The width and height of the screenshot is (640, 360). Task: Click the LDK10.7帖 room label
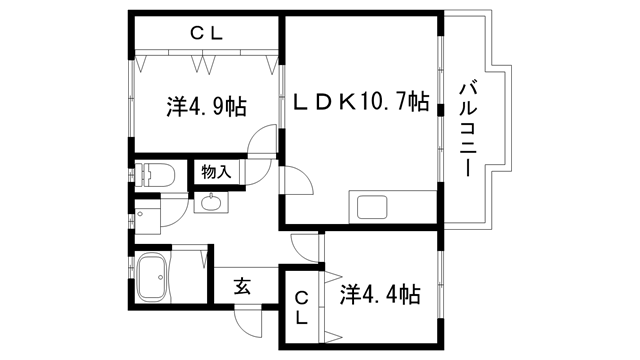(x=361, y=102)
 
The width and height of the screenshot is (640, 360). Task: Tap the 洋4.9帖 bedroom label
(x=205, y=105)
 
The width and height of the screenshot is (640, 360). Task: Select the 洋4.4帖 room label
(x=379, y=295)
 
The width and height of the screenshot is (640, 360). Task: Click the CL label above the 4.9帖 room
(x=207, y=33)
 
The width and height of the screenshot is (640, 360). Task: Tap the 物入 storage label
(x=216, y=172)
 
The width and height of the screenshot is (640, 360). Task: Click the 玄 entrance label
(x=242, y=286)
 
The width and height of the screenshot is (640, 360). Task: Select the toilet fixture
(x=160, y=176)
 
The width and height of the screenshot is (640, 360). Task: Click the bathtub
(x=156, y=277)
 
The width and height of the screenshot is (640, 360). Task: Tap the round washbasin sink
(x=211, y=204)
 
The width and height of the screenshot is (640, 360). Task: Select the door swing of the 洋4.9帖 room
(x=262, y=143)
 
